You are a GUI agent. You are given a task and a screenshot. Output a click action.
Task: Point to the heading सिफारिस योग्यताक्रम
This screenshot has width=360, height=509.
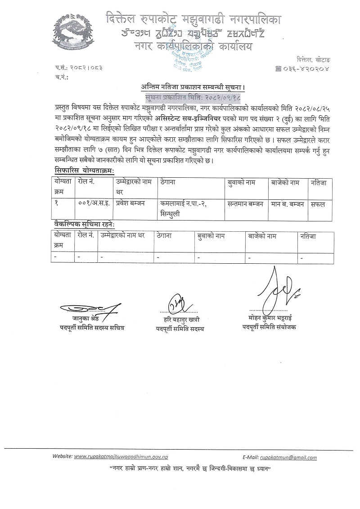click(82, 170)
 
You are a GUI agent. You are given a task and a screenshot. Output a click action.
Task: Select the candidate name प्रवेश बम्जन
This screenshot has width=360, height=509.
click(131, 204)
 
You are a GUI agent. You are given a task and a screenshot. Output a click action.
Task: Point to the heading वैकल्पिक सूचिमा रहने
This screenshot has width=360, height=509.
click(82, 224)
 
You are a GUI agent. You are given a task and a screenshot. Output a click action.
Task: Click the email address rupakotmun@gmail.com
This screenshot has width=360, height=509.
click(288, 457)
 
